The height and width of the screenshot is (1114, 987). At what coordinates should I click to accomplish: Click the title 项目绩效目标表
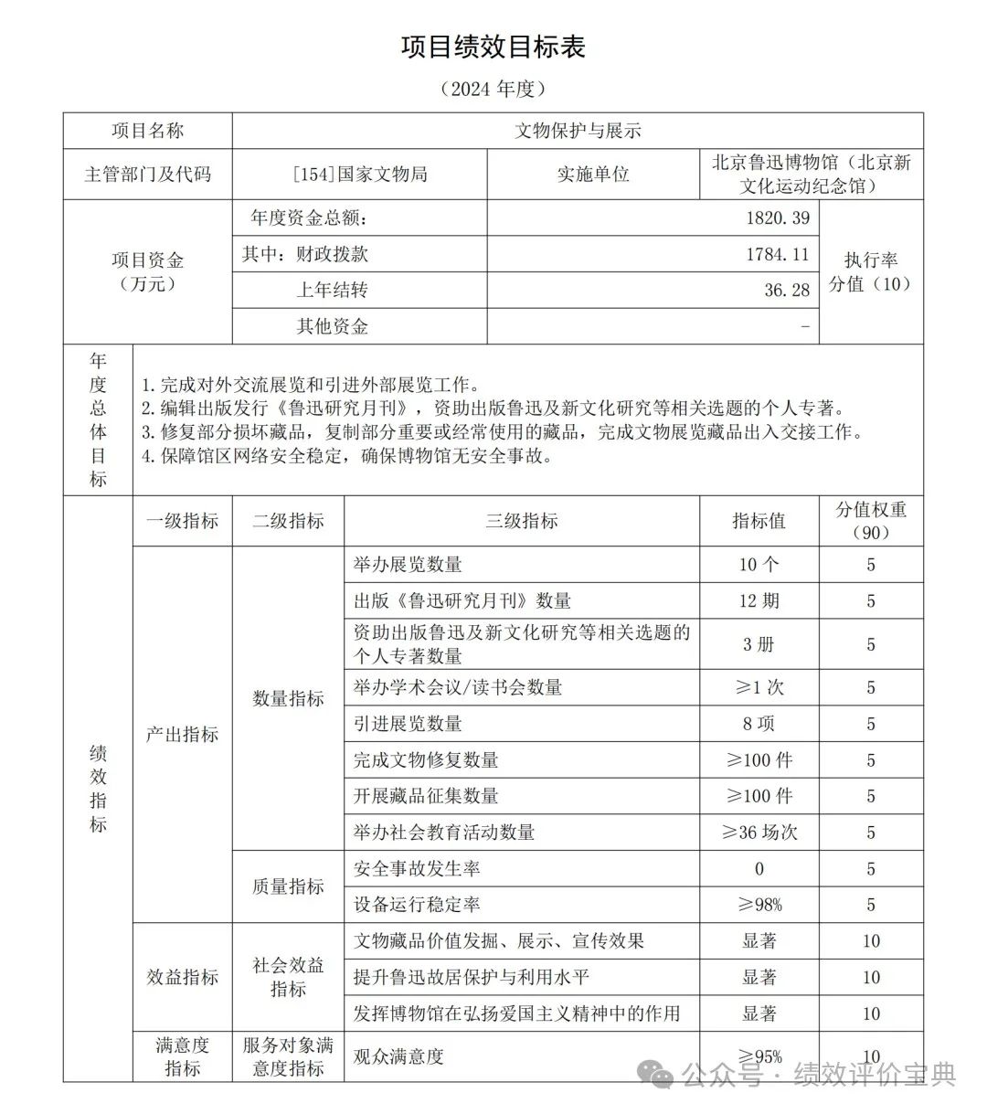coord(493,47)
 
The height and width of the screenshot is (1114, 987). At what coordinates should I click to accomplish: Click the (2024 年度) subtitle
coord(493,89)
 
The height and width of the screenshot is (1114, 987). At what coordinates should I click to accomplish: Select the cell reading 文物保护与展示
coord(577,131)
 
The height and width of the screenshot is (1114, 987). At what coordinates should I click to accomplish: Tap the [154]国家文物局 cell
coord(360,174)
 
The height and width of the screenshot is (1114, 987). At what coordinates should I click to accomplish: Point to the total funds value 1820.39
coord(777,218)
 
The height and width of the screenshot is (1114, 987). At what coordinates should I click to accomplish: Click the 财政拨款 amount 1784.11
coord(777,254)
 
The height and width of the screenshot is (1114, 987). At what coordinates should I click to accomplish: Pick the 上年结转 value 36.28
coord(787,290)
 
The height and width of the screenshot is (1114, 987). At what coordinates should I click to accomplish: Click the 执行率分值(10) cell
coord(870,271)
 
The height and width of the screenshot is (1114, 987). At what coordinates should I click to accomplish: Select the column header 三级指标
coord(521,521)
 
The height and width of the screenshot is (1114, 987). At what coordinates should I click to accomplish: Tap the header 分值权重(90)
coord(870,521)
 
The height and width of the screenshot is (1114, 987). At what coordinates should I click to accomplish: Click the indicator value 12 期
coord(759,600)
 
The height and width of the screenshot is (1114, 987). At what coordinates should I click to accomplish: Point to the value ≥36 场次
coord(759,833)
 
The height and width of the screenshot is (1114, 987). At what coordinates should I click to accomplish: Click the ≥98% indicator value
coord(759,905)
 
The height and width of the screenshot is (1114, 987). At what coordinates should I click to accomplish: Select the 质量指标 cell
coord(288,886)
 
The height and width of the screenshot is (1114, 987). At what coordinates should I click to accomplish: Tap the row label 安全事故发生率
coord(417,868)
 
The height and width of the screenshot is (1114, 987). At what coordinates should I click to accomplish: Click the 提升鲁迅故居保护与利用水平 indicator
coord(472,977)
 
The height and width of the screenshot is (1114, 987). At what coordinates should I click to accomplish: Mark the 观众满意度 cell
coord(398,1056)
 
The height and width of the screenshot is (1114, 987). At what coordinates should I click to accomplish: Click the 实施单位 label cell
coord(593,174)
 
